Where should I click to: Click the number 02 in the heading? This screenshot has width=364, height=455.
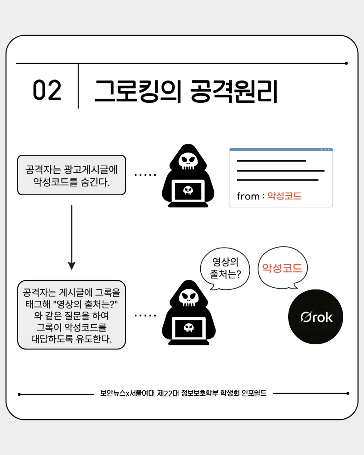point(47,90)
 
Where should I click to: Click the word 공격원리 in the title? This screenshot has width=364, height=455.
point(234,91)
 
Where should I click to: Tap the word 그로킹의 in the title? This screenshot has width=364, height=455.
point(138,91)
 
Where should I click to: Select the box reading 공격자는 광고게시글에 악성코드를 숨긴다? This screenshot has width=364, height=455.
point(71,175)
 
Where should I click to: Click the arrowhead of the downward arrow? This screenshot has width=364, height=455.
point(71,266)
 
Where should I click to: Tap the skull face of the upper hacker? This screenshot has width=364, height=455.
point(188,161)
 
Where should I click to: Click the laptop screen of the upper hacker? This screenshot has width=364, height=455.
point(188,191)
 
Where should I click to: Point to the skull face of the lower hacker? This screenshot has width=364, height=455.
point(189,298)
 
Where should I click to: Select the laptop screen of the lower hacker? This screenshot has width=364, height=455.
point(189,328)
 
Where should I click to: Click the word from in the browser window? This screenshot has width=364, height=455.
point(248,196)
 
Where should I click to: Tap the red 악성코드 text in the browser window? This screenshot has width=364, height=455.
point(284,196)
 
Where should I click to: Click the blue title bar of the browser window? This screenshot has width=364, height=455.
point(281,150)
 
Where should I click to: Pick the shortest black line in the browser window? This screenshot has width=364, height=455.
point(271,161)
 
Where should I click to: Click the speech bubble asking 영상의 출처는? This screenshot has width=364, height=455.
point(225,268)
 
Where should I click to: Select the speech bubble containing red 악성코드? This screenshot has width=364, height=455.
point(282,268)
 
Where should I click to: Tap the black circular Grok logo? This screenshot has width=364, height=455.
point(316,317)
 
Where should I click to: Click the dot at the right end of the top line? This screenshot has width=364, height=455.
point(346,63)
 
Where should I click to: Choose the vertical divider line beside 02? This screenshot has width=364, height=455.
point(78,86)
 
